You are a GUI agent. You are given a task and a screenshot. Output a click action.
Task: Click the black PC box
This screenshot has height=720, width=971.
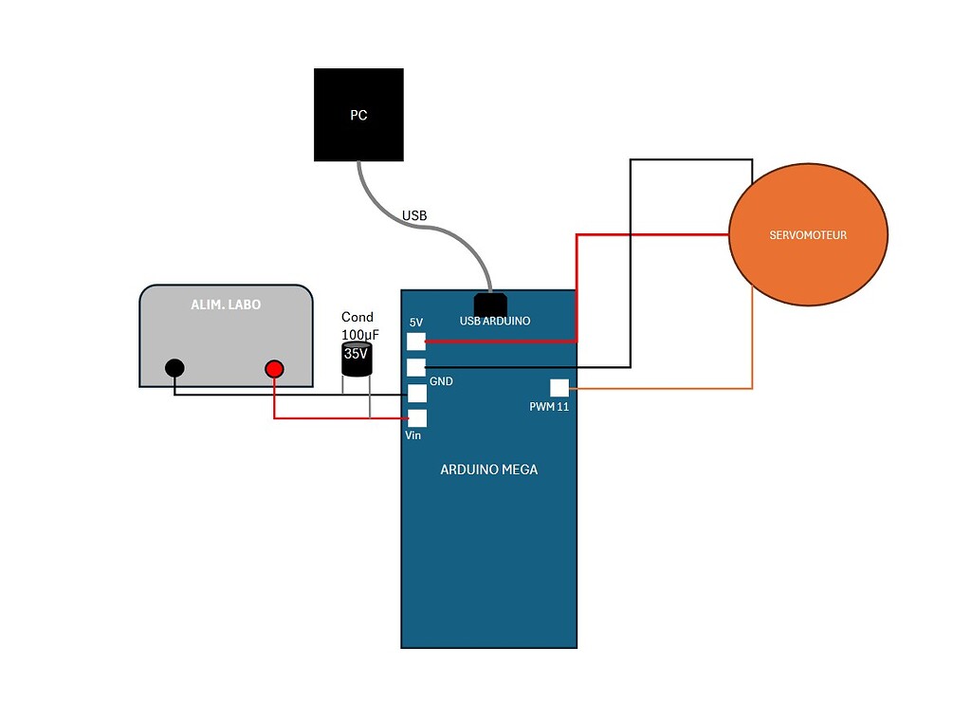(x=359, y=115)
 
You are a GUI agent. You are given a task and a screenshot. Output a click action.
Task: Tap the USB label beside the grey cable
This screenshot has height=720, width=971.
(x=414, y=215)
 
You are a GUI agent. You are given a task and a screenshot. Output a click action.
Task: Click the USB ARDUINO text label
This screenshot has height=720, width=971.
(x=495, y=321)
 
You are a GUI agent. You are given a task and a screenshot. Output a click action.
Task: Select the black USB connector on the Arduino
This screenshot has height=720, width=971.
(x=491, y=304)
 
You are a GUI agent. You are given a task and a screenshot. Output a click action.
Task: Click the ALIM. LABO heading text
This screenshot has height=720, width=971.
(x=226, y=305)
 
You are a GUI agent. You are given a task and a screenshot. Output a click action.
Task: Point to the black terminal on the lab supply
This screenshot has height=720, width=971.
(x=174, y=368)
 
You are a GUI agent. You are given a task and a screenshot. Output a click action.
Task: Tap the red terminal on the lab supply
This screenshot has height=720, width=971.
(x=274, y=368)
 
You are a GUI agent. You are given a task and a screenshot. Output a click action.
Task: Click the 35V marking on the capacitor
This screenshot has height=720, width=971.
(x=356, y=354)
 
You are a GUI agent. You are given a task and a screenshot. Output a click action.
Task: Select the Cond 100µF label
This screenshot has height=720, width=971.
(x=357, y=325)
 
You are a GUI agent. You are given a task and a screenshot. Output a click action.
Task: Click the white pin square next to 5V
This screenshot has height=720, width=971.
(x=416, y=342)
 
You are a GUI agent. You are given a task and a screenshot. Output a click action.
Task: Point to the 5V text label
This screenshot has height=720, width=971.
(x=415, y=323)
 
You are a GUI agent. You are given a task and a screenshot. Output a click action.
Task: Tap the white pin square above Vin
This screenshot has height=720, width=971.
(x=416, y=418)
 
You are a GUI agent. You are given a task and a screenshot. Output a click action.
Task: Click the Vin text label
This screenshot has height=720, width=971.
(x=413, y=435)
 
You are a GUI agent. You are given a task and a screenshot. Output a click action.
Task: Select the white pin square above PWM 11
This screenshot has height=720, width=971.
(x=559, y=388)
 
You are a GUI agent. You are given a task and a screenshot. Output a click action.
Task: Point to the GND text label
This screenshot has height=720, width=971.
(x=441, y=381)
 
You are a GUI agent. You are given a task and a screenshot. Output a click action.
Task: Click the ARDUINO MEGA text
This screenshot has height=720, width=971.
(x=488, y=470)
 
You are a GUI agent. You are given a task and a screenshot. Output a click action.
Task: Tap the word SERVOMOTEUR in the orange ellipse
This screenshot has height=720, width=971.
(x=808, y=234)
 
